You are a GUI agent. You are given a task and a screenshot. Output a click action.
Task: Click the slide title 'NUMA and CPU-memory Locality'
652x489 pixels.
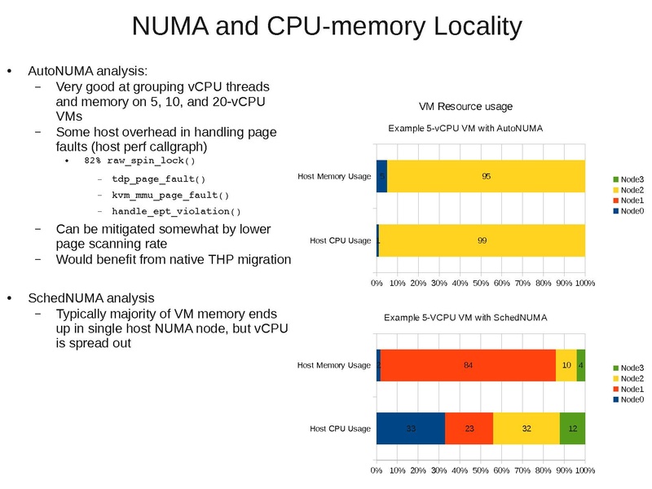pos(326,27)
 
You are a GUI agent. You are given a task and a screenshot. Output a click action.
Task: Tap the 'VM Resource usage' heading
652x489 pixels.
pos(465,106)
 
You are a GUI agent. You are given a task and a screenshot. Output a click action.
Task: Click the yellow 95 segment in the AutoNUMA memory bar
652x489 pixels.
pos(486,176)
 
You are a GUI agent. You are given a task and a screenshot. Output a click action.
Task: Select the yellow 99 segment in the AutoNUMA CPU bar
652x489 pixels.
pos(482,240)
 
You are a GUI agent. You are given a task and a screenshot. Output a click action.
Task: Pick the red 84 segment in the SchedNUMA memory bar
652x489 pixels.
pos(468,365)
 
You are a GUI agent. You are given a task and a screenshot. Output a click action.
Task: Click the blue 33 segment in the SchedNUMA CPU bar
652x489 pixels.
pos(411,429)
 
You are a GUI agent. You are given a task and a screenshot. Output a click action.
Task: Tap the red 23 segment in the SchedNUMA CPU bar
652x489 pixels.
pos(469,429)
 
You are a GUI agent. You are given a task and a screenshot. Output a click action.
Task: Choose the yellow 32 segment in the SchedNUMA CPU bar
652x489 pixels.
pos(526,429)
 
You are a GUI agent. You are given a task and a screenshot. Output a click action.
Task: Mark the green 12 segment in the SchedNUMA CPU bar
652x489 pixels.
pos(573,429)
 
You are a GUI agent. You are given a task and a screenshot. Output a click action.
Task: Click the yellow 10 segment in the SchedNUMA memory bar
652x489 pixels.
pos(566,365)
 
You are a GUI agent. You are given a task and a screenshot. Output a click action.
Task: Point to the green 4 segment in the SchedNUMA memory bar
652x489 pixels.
pos(580,365)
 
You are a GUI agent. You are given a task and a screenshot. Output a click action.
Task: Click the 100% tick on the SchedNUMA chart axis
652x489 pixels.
pos(584,471)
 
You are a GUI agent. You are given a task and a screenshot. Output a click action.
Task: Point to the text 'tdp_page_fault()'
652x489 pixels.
pos(158,178)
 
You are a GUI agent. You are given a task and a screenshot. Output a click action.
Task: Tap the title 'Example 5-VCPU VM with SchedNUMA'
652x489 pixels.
pos(465,316)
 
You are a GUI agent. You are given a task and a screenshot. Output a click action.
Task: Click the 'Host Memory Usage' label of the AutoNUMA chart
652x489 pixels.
pos(334,176)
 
